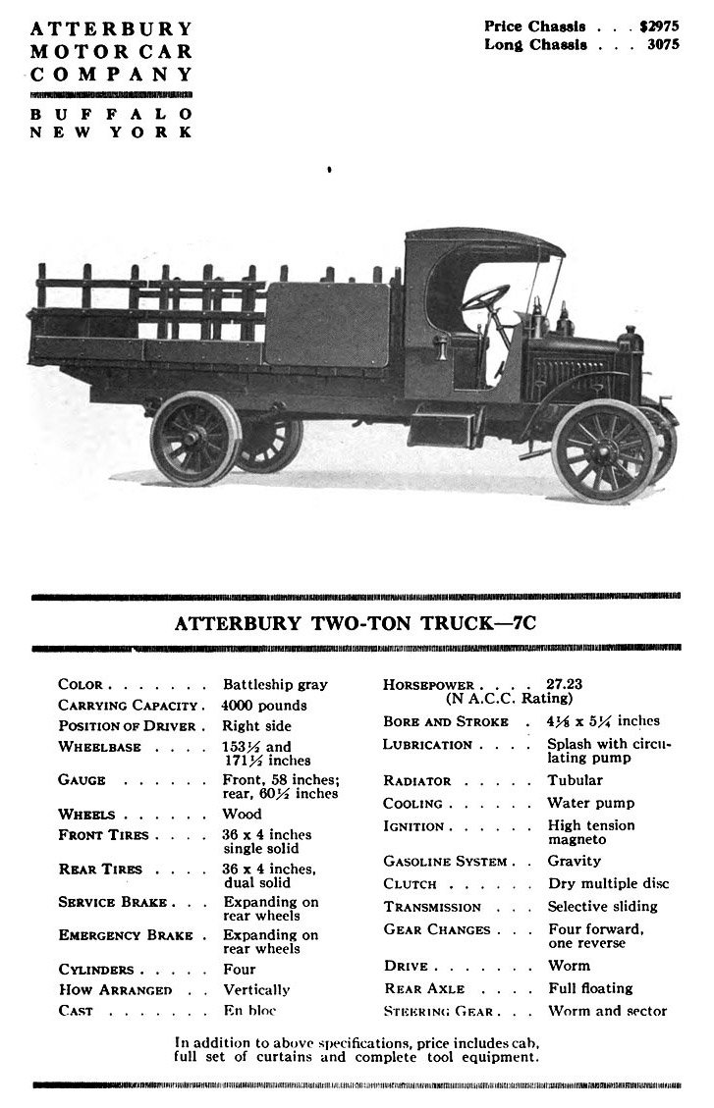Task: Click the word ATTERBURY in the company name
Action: pos(111,28)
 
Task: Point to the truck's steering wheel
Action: pos(486,297)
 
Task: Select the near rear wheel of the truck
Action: pos(196,438)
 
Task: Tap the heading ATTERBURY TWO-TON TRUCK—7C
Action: pos(356,622)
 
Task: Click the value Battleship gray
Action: pos(275,684)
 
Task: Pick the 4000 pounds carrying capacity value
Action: pos(264,705)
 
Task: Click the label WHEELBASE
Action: pos(100,747)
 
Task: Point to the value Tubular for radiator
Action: pos(575,780)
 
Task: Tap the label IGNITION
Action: pos(413,826)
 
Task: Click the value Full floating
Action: pos(589,988)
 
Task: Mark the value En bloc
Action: pos(249,1010)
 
